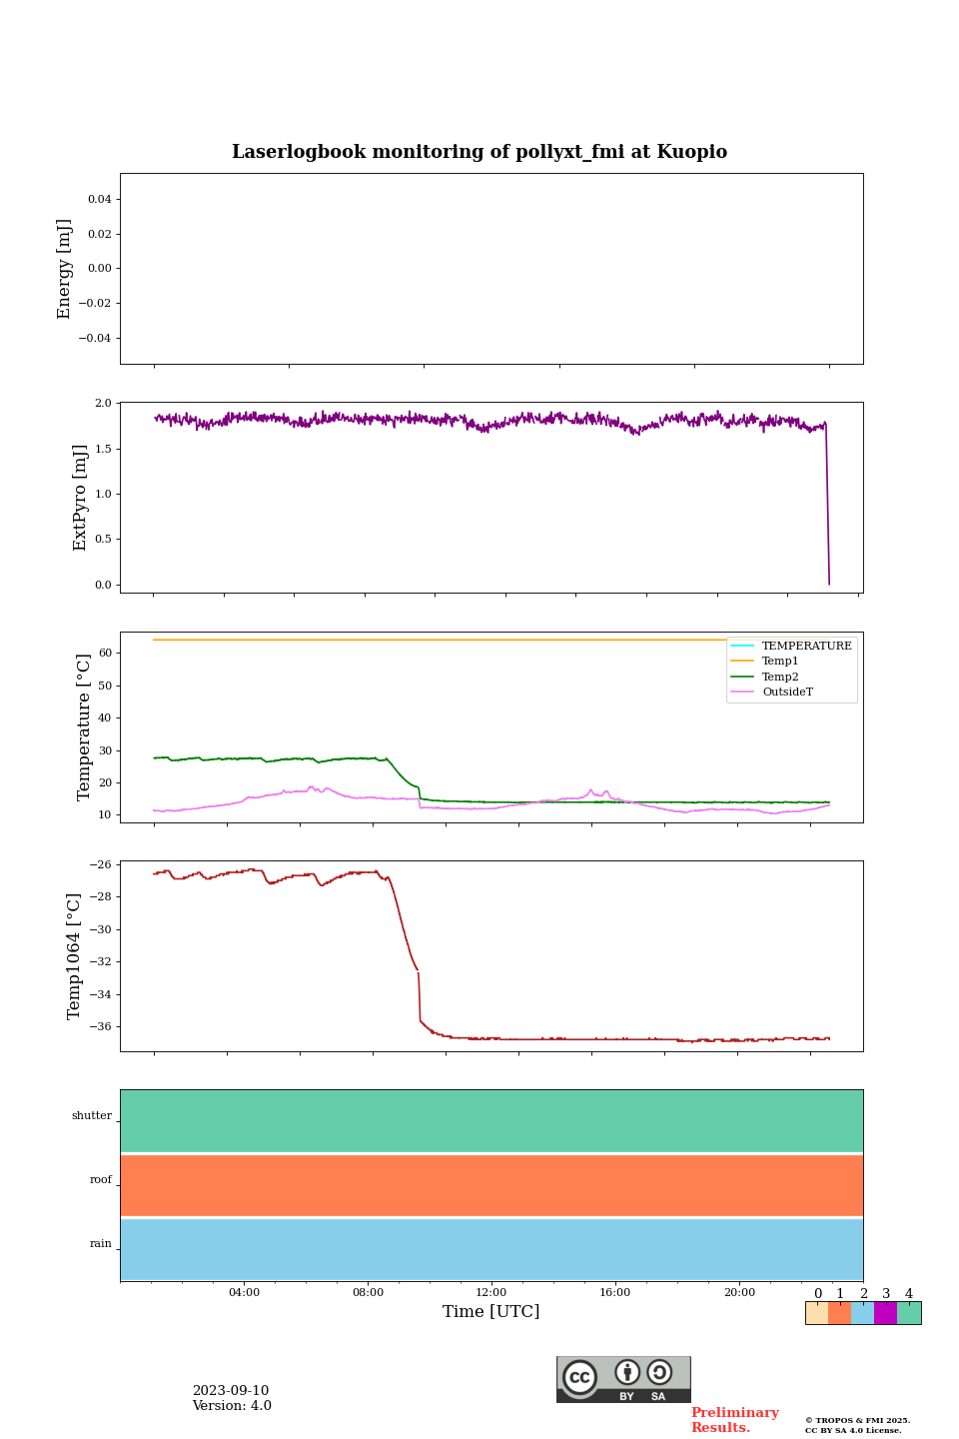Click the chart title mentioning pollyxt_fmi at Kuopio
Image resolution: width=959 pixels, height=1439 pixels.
pyautogui.click(x=479, y=152)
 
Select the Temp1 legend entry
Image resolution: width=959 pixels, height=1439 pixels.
pyautogui.click(x=780, y=662)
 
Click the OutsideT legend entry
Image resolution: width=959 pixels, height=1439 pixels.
pyautogui.click(x=787, y=693)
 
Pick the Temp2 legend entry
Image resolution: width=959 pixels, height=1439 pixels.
pyautogui.click(x=780, y=677)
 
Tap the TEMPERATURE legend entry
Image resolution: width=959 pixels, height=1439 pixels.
pyautogui.click(x=806, y=647)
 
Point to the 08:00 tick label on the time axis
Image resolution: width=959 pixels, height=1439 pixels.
pyautogui.click(x=368, y=1293)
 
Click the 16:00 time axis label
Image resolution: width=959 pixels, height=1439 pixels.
pyautogui.click(x=615, y=1293)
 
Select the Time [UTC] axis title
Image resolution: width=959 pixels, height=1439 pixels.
pyautogui.click(x=491, y=1312)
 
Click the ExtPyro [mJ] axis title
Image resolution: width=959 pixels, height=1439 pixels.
pyautogui.click(x=81, y=498)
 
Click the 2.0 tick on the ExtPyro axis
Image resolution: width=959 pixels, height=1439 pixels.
pyautogui.click(x=103, y=404)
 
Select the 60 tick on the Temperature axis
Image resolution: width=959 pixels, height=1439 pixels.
pyautogui.click(x=104, y=654)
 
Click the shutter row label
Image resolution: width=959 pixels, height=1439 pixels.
pyautogui.click(x=92, y=1116)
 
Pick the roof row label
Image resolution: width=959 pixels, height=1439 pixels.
pyautogui.click(x=101, y=1180)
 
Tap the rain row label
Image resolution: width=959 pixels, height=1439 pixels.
pyautogui.click(x=101, y=1244)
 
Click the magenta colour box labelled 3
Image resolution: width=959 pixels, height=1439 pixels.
pyautogui.click(x=885, y=1313)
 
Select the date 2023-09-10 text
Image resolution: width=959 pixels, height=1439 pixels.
pyautogui.click(x=231, y=1391)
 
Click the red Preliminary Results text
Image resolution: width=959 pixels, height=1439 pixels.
pyautogui.click(x=734, y=1420)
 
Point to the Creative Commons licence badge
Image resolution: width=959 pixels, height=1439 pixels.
pyautogui.click(x=623, y=1379)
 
